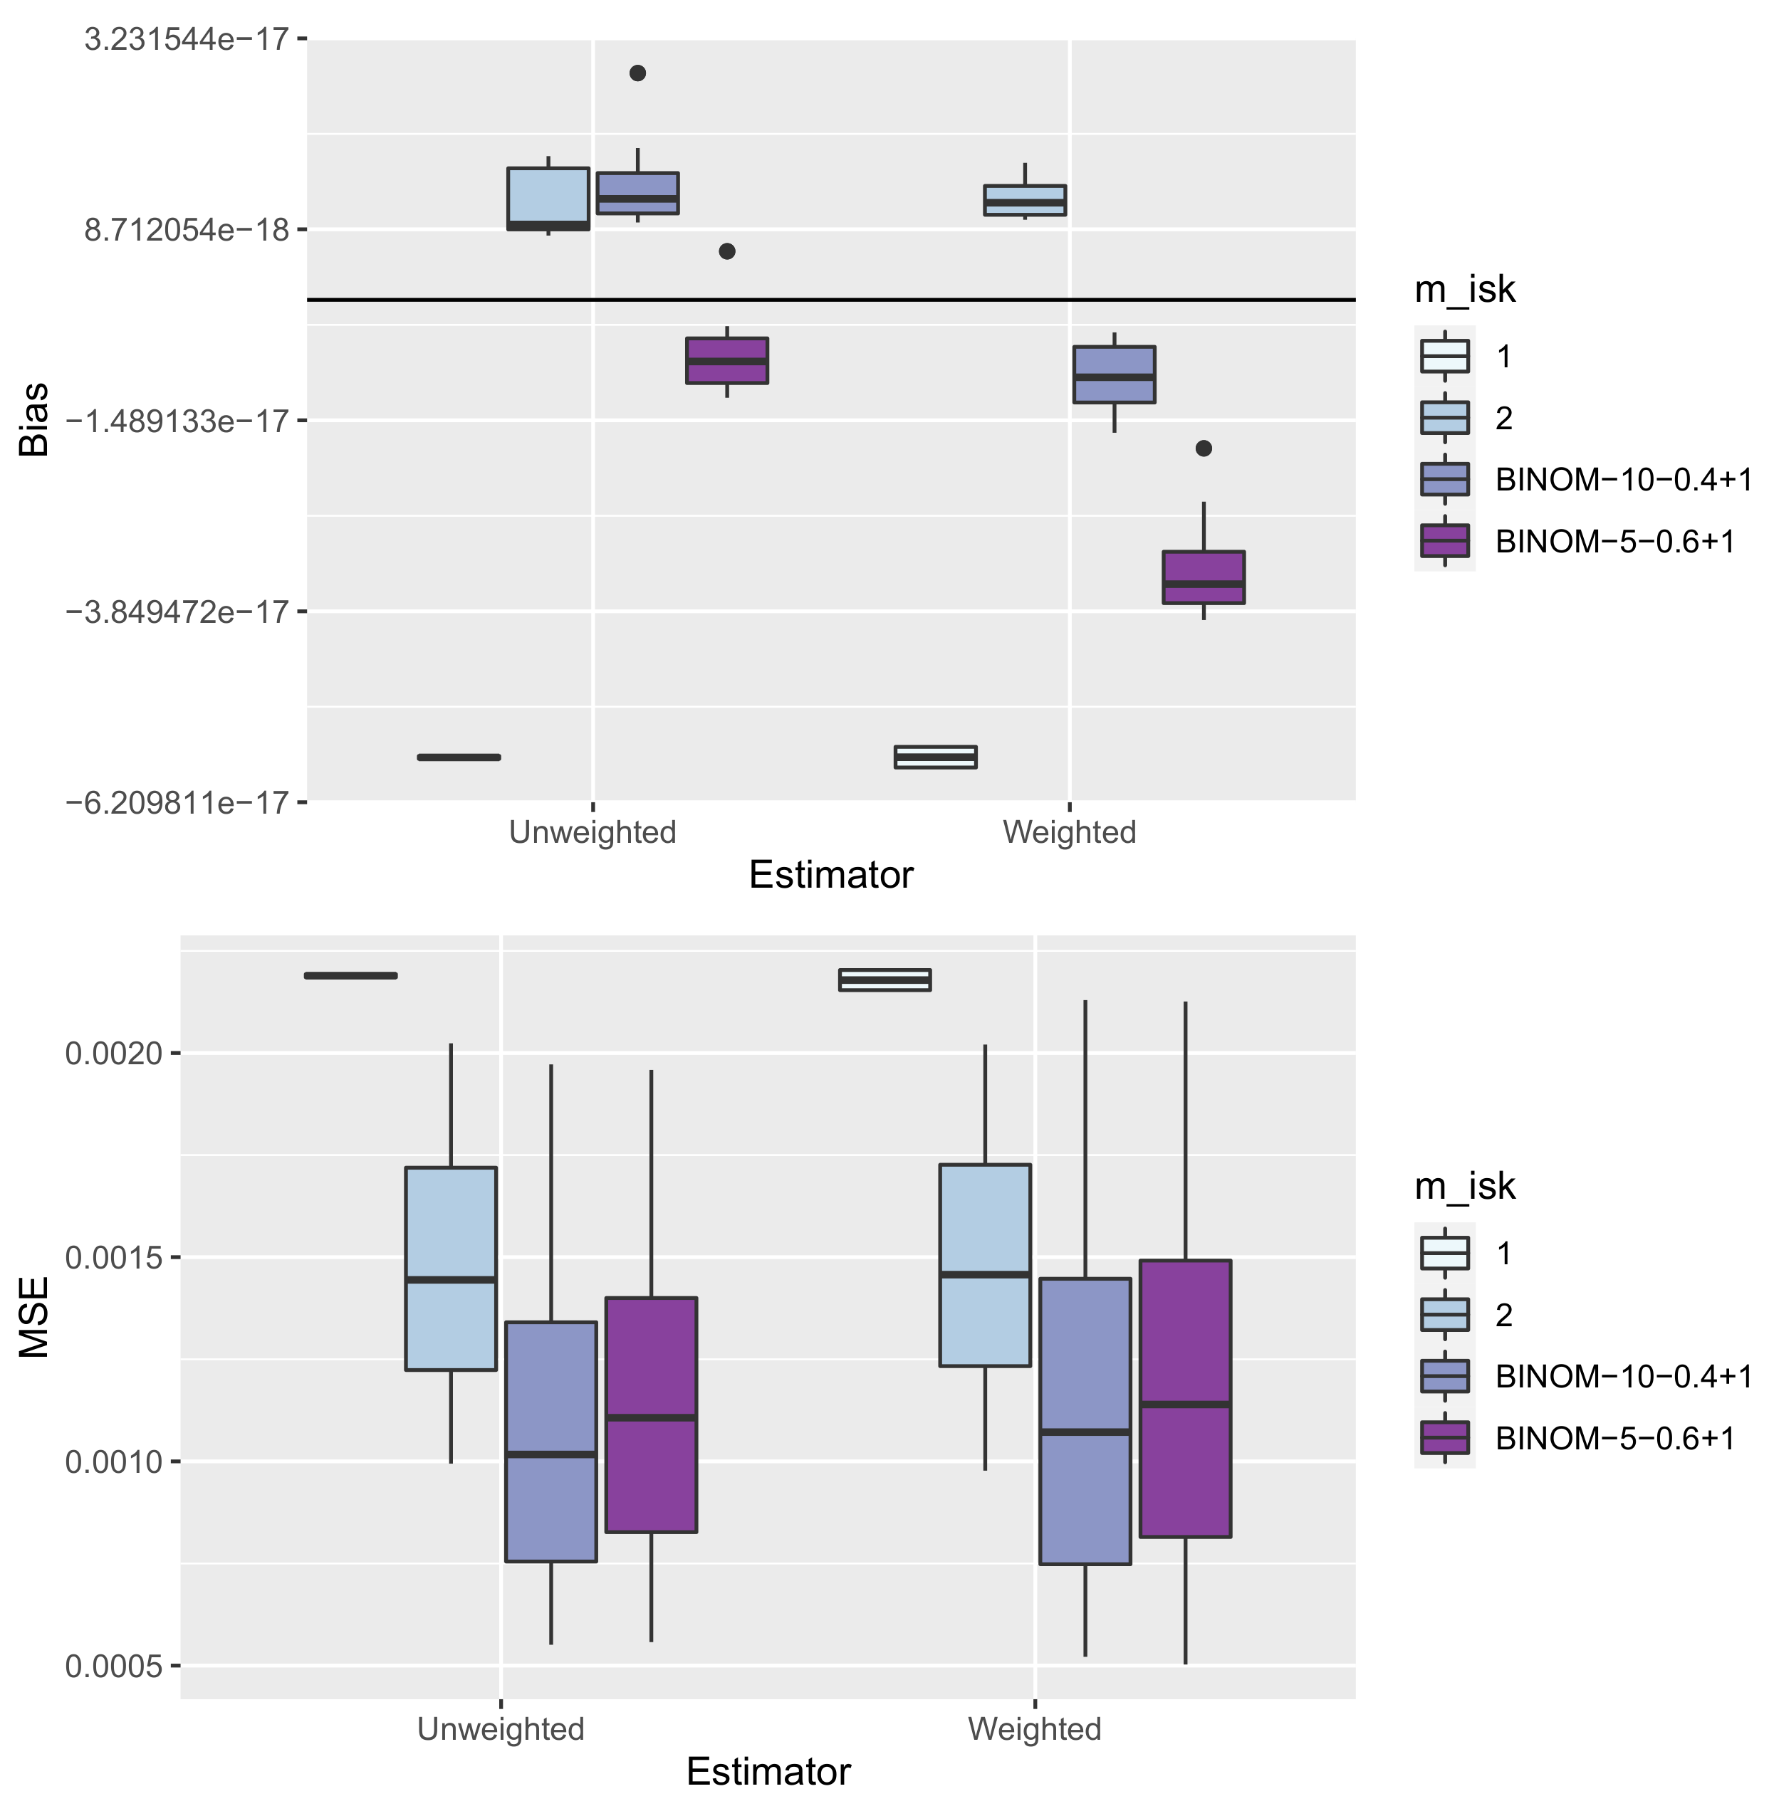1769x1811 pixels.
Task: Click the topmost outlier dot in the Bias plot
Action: click(x=637, y=73)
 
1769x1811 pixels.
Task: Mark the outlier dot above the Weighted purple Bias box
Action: click(x=1203, y=448)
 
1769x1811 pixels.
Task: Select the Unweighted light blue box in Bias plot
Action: click(x=548, y=198)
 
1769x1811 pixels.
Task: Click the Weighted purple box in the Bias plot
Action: click(x=1203, y=577)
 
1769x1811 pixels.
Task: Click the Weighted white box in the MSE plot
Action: click(x=885, y=980)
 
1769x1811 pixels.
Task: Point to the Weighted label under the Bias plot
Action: click(x=1070, y=832)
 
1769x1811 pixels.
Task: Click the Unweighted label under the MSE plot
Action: click(x=501, y=1729)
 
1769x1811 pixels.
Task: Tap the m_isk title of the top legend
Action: click(x=1464, y=290)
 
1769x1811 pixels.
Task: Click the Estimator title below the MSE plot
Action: click(x=768, y=1772)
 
